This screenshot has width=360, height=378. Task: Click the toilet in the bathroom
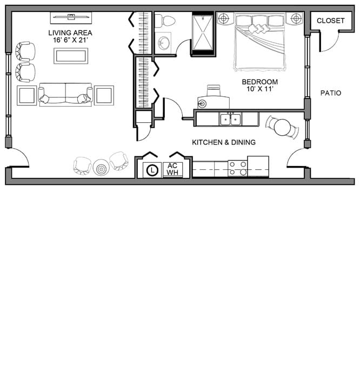tap(164, 21)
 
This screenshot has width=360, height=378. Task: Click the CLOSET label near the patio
tap(330, 21)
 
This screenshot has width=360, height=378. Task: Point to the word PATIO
tap(331, 93)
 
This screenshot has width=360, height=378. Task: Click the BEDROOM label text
tap(260, 82)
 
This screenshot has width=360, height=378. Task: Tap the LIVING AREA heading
tap(70, 33)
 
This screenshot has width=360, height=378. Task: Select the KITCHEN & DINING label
tap(224, 142)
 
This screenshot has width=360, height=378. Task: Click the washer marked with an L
tap(152, 170)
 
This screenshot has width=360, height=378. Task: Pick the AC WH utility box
tap(172, 170)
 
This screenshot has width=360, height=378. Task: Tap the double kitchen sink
tap(230, 119)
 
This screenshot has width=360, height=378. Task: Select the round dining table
tap(283, 127)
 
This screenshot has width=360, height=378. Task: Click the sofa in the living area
tap(65, 95)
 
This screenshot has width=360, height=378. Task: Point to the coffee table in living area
tap(71, 56)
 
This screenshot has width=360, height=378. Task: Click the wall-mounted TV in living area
tap(71, 17)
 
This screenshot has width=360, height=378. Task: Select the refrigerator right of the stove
tap(258, 167)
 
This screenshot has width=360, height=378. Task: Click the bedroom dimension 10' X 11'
tap(260, 89)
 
